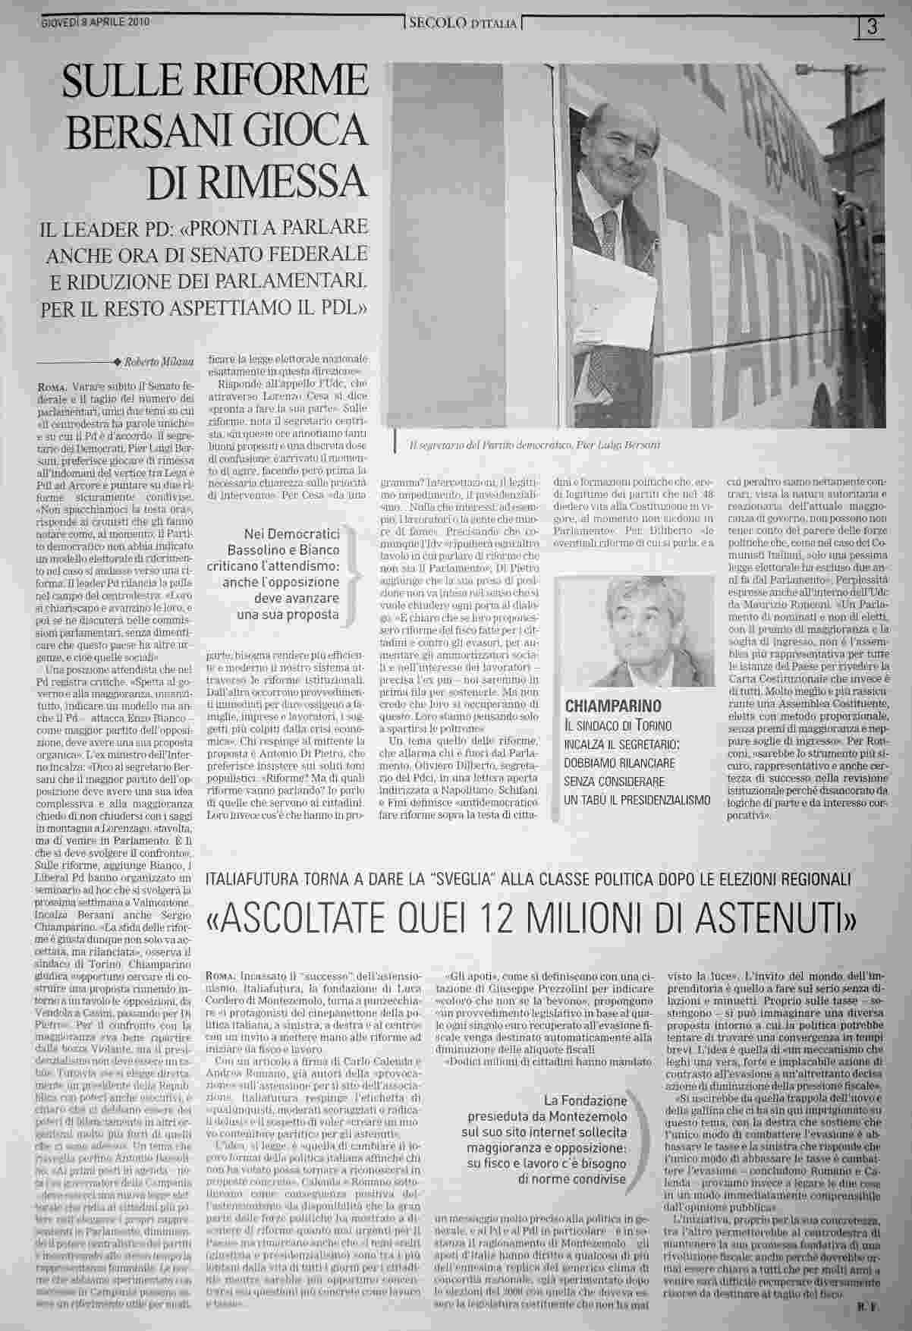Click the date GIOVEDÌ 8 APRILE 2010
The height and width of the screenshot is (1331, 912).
point(95,21)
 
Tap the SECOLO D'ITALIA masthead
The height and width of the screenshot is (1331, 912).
point(463,24)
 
